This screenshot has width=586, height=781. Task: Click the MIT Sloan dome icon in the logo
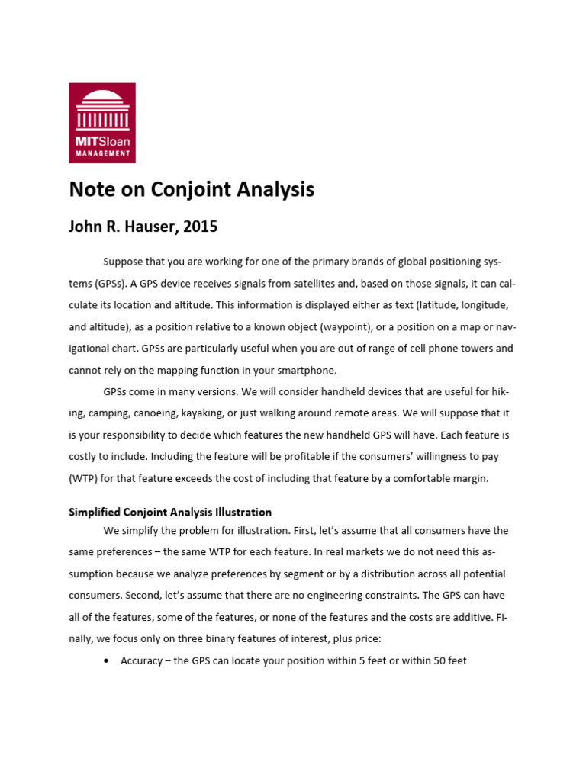click(x=102, y=108)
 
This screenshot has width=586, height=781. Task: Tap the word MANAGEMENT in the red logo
click(x=102, y=153)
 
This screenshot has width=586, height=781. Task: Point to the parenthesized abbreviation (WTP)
click(x=86, y=478)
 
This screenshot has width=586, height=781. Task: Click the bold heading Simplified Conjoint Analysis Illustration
click(x=170, y=512)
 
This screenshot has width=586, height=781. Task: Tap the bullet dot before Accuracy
click(x=105, y=660)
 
